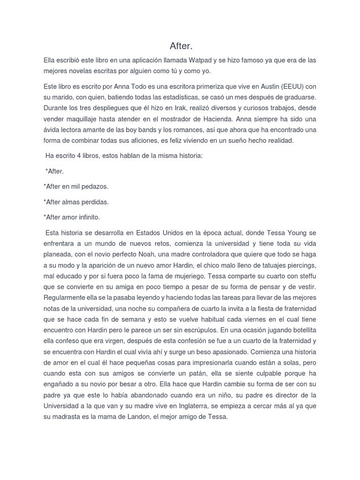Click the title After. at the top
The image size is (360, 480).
[180, 46]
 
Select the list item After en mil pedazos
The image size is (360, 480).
[76, 186]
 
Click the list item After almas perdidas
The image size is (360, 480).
[76, 202]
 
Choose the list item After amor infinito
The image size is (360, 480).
[72, 217]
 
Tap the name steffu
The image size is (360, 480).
[307, 274]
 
